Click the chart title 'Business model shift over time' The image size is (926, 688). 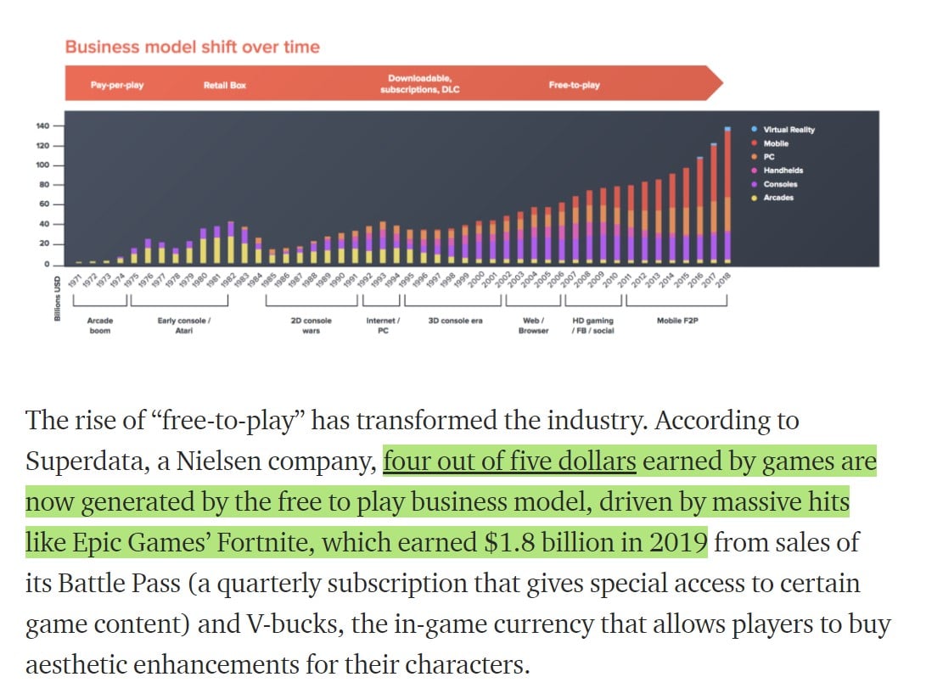[x=192, y=46]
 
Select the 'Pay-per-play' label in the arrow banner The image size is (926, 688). [x=117, y=86]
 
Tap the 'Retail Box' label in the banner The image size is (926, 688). [x=225, y=86]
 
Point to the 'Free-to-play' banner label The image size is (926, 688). [x=574, y=86]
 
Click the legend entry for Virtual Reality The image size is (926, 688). [x=789, y=130]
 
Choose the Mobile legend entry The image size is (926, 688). [x=776, y=143]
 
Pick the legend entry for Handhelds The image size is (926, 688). [x=783, y=171]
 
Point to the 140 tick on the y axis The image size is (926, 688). [x=42, y=126]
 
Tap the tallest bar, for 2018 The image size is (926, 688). [x=727, y=195]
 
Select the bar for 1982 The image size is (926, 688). [x=231, y=243]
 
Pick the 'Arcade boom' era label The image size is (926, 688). [x=100, y=325]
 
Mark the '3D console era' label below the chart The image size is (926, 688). [x=455, y=321]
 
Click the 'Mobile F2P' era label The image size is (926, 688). [x=676, y=321]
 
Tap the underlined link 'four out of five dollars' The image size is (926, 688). [x=509, y=461]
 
